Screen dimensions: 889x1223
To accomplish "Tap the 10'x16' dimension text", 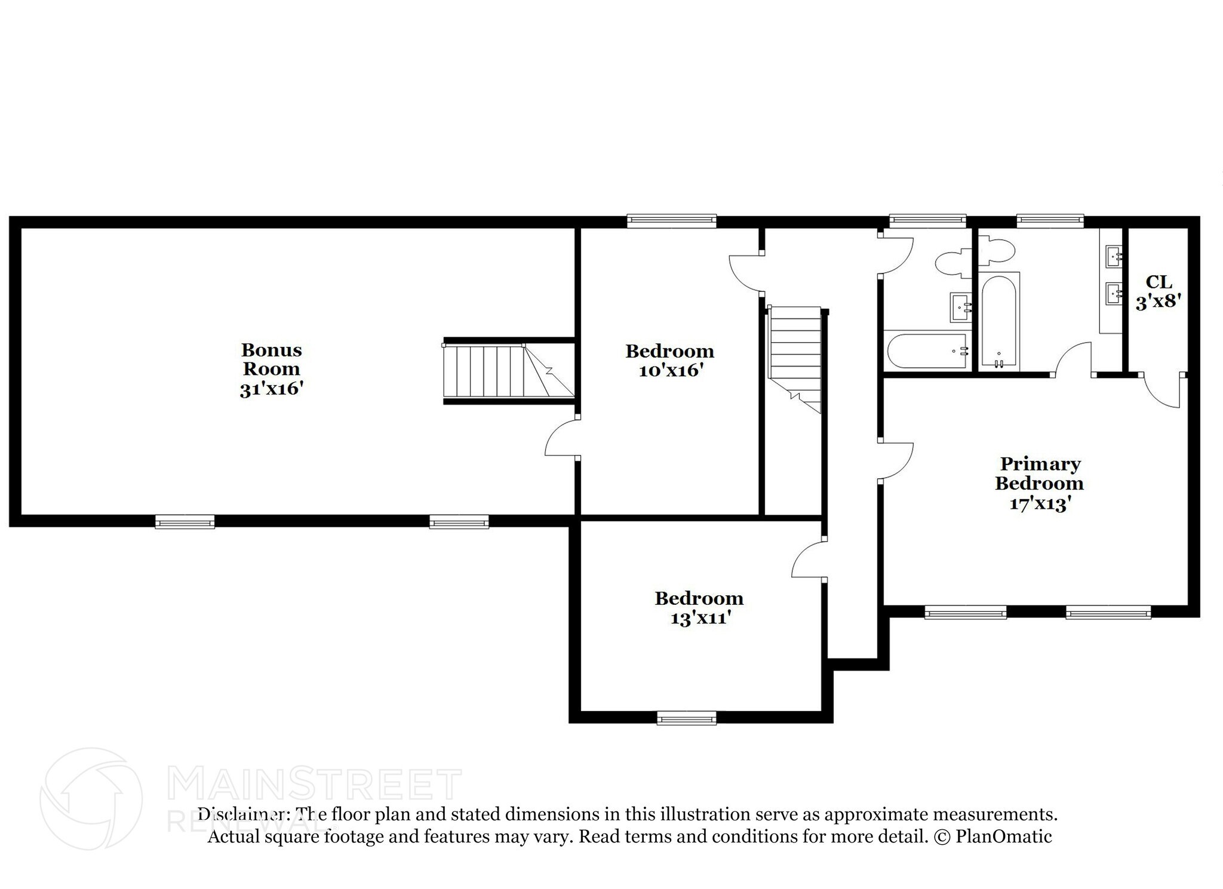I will tap(669, 371).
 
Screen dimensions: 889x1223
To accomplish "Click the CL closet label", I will tap(1159, 282).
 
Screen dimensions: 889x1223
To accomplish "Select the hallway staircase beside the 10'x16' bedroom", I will tap(795, 358).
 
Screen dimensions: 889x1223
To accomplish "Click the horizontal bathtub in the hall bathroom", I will tap(926, 351).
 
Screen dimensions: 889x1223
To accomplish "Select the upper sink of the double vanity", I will tap(1113, 257).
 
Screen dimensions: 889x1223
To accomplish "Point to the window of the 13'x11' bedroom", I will tap(686, 718).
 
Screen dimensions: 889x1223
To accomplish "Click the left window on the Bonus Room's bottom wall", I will tap(185, 522).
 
